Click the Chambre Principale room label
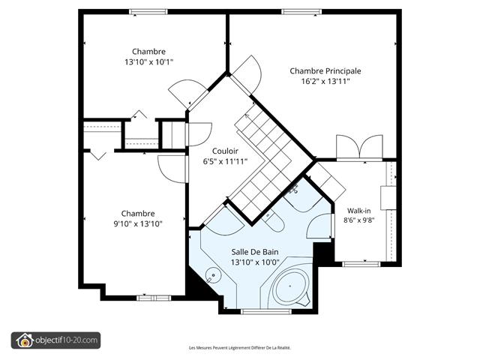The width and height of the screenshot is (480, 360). click(x=325, y=71)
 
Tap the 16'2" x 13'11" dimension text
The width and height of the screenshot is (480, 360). click(x=325, y=82)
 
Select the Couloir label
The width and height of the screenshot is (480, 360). click(x=225, y=151)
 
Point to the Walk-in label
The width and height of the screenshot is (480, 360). click(x=358, y=211)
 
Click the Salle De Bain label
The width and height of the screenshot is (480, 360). click(x=255, y=252)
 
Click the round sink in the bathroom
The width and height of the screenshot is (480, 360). click(x=213, y=275)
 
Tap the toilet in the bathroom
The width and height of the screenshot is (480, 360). click(x=273, y=221)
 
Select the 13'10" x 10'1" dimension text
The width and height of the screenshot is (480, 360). click(x=148, y=62)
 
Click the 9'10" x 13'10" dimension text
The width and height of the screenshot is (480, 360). click(x=138, y=224)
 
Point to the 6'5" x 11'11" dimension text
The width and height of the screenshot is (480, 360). click(x=225, y=162)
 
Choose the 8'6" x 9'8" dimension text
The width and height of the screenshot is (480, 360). click(x=358, y=220)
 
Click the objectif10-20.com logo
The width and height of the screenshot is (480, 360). click(x=55, y=340)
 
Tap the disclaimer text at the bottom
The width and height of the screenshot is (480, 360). click(x=240, y=348)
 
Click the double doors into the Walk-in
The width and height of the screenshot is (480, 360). click(x=359, y=148)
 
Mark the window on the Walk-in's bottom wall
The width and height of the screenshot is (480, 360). click(x=361, y=264)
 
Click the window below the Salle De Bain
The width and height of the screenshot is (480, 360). click(x=266, y=312)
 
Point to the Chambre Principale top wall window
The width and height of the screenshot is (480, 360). click(x=301, y=12)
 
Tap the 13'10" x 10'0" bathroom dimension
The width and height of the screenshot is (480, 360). click(x=255, y=262)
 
